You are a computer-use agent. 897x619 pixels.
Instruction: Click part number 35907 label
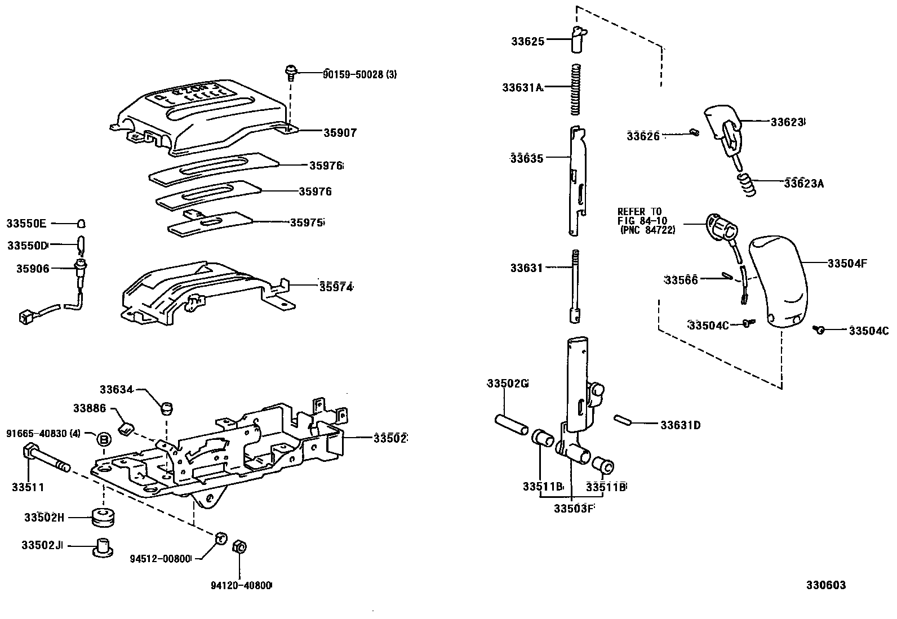pos(340,133)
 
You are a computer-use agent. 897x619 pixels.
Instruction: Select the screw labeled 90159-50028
pos(291,73)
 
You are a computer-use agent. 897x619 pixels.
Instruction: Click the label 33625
pos(528,41)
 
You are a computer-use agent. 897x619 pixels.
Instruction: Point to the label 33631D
pos(680,425)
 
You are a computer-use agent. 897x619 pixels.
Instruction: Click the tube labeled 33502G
pos(512,425)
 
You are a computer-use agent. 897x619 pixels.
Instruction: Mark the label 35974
pos(336,287)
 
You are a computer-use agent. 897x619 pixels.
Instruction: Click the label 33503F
pos(574,509)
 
